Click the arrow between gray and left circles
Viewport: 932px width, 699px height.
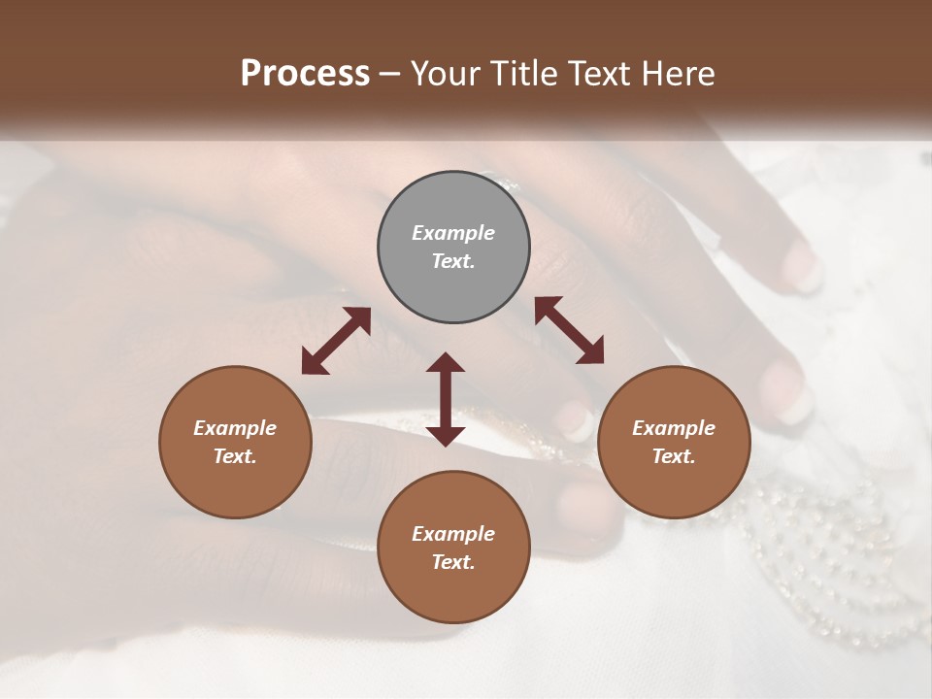(336, 341)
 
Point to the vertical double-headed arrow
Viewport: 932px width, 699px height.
(446, 399)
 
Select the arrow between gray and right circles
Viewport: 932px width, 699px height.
(569, 330)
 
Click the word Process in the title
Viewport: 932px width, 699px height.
(305, 73)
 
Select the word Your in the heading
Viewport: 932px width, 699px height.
(446, 73)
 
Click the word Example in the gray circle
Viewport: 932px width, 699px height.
(453, 233)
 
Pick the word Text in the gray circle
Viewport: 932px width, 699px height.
(453, 261)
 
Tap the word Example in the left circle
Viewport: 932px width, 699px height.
(235, 428)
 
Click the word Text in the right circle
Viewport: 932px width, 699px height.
(674, 456)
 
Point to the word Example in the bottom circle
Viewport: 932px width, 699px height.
(453, 534)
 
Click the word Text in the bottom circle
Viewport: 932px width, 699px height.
(453, 562)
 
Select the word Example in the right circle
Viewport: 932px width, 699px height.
(674, 428)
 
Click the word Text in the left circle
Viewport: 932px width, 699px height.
(235, 456)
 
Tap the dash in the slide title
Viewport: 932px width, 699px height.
(390, 74)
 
